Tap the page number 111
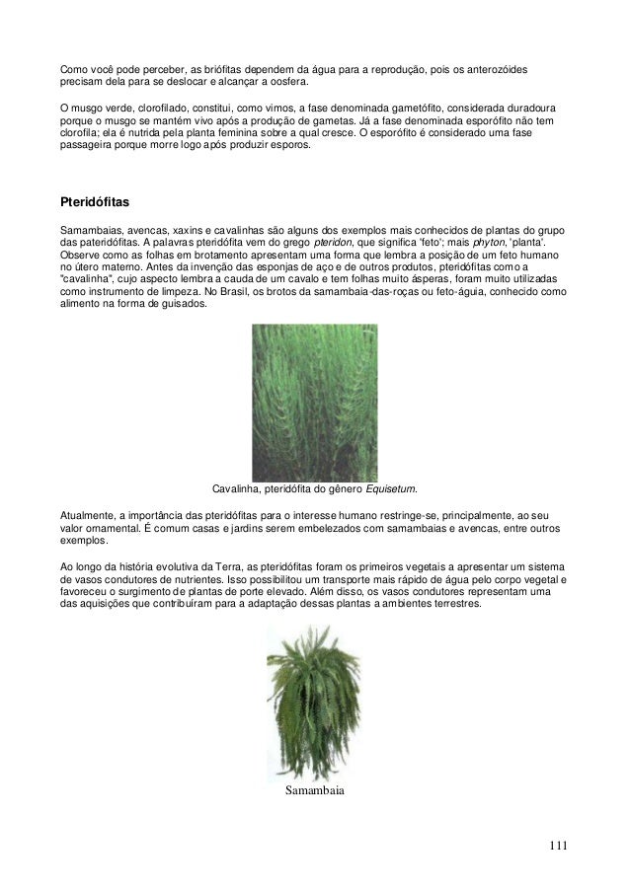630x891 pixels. (x=559, y=845)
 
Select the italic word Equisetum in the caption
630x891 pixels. (x=391, y=488)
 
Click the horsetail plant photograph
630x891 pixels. (x=316, y=402)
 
